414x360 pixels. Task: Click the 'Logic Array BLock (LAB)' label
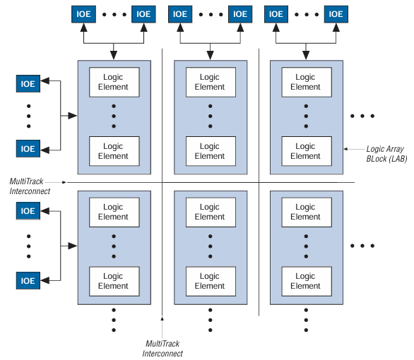point(386,154)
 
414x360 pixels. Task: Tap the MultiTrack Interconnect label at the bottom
point(162,348)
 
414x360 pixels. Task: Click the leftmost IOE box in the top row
point(83,13)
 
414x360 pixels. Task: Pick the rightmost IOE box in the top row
point(336,13)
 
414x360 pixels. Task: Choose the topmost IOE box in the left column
point(28,84)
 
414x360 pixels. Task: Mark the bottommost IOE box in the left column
point(28,280)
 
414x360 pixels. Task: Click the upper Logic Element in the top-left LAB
point(113,82)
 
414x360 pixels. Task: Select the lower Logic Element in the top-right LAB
point(305,151)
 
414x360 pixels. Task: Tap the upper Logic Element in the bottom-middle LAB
point(210,212)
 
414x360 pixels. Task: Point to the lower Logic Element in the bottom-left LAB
point(113,281)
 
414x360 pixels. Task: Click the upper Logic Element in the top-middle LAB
point(210,82)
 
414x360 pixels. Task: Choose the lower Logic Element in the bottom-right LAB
point(305,281)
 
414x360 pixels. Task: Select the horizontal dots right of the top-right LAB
point(362,115)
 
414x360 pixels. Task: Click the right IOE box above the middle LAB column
point(240,13)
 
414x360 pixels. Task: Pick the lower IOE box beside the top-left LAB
point(28,149)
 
